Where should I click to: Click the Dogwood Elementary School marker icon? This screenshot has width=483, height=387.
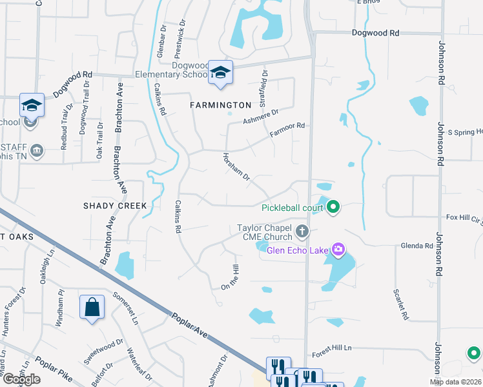coord(220,73)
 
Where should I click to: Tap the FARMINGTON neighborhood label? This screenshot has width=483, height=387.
coord(220,104)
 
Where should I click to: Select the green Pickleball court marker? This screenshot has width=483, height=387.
coord(333,207)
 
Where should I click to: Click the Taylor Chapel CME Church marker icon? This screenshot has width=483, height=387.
coord(301,230)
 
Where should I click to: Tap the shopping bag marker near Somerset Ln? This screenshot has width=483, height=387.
coord(92,307)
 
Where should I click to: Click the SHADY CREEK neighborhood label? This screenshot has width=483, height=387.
coord(115,205)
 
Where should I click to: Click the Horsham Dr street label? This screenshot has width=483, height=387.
coord(236,166)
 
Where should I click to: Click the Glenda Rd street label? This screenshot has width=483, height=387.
coord(416,246)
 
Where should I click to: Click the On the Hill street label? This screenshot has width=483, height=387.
coord(231,277)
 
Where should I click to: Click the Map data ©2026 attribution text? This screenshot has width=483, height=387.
coord(456,382)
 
